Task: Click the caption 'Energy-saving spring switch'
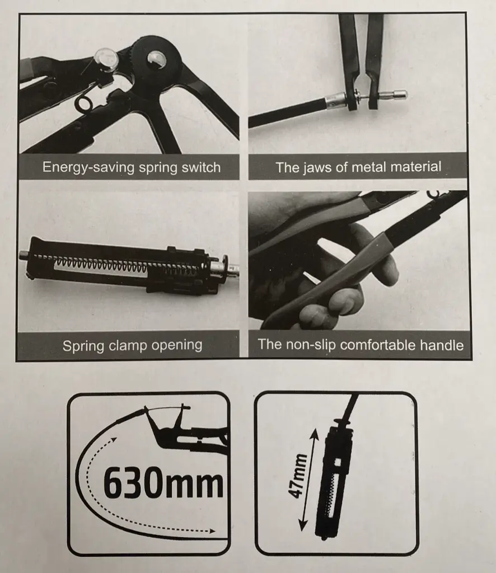click(132, 167)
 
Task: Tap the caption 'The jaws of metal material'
click(358, 167)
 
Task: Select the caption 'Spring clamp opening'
click(132, 345)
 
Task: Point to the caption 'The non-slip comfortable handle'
click(361, 345)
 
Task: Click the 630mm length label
click(163, 483)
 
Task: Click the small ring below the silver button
click(84, 104)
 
